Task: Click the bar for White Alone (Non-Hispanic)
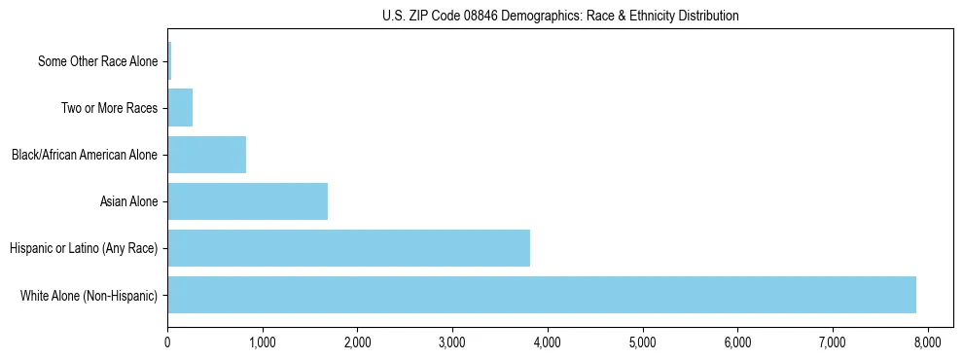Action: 542,295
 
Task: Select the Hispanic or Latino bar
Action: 348,248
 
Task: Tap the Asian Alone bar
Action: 247,201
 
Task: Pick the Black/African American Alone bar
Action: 206,155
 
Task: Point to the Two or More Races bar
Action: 180,108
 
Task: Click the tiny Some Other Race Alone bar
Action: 169,61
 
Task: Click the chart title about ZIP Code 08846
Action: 560,16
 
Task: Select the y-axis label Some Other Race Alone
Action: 97,61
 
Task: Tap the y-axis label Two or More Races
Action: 109,108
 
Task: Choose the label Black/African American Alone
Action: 85,155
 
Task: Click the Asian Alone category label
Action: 128,201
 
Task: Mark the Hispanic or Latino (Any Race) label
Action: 84,248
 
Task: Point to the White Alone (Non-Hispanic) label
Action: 89,295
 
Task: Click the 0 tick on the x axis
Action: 167,342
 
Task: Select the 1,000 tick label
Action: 263,342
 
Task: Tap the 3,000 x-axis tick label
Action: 452,342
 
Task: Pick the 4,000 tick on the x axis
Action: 548,342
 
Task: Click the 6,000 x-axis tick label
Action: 737,342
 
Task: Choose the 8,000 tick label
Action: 927,342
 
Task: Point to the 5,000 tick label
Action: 642,342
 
